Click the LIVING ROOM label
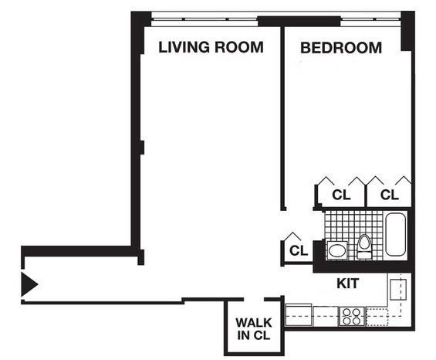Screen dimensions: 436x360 click(211, 47)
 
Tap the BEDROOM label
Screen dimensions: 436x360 click(341, 48)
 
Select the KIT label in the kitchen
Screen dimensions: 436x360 click(347, 284)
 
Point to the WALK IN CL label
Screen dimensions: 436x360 click(254, 329)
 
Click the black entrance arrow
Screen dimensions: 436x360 click(29, 284)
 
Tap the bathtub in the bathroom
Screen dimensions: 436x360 click(395, 234)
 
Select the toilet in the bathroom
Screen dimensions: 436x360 click(364, 247)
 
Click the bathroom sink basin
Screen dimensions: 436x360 click(337, 250)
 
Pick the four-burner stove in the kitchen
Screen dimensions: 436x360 click(352, 316)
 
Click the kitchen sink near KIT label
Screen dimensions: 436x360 click(398, 290)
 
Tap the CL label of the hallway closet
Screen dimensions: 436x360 click(299, 250)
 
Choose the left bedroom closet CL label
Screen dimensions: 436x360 click(341, 195)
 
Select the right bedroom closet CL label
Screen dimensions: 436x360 click(390, 195)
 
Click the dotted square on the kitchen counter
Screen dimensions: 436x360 click(377, 317)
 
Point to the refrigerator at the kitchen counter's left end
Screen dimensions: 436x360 click(299, 315)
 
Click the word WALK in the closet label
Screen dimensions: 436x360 click(254, 323)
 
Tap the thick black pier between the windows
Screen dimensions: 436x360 click(299, 22)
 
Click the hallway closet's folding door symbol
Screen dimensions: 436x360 click(292, 236)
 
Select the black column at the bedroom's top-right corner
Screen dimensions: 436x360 click(407, 31)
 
